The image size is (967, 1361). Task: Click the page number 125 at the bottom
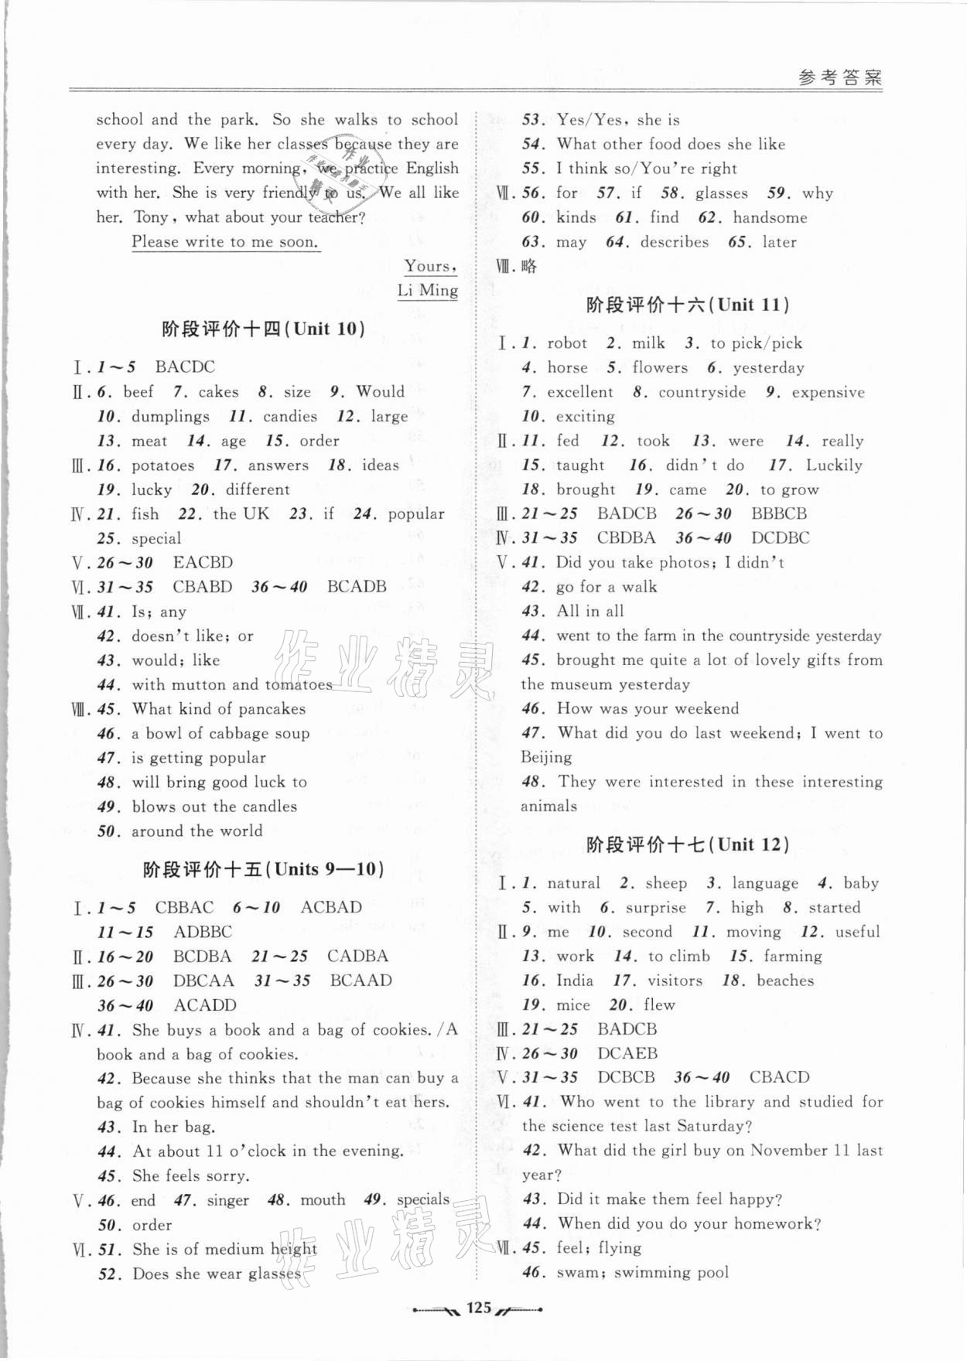pyautogui.click(x=479, y=1307)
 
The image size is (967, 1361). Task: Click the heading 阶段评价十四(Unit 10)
pyautogui.click(x=264, y=329)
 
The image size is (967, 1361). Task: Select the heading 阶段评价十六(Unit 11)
pyautogui.click(x=689, y=305)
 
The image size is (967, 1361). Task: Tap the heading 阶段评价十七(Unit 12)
pyautogui.click(x=689, y=844)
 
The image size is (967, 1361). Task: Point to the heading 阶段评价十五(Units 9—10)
pyautogui.click(x=264, y=869)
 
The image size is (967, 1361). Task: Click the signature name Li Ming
pyautogui.click(x=427, y=291)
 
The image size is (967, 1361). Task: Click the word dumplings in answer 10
pyautogui.click(x=170, y=417)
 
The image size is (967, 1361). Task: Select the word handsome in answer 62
pyautogui.click(x=770, y=218)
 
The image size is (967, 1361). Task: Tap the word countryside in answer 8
pyautogui.click(x=702, y=392)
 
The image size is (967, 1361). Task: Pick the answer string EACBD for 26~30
pyautogui.click(x=203, y=563)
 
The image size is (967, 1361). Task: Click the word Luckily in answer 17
pyautogui.click(x=833, y=466)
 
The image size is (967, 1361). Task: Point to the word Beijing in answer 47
pyautogui.click(x=546, y=757)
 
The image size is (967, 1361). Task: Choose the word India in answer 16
pyautogui.click(x=574, y=981)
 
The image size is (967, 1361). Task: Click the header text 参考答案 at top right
pyautogui.click(x=839, y=78)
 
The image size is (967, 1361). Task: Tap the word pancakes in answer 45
pyautogui.click(x=272, y=709)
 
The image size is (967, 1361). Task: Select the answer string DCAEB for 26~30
pyautogui.click(x=627, y=1053)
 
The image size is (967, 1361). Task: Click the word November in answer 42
pyautogui.click(x=788, y=1151)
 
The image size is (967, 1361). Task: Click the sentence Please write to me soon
pyautogui.click(x=225, y=242)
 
